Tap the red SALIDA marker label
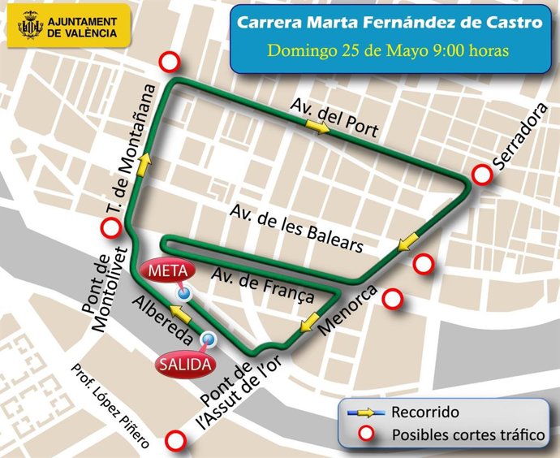click(185, 363)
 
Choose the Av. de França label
click(262, 287)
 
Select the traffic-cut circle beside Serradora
click(482, 174)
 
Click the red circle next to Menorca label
click(394, 299)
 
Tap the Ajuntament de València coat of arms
click(29, 26)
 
